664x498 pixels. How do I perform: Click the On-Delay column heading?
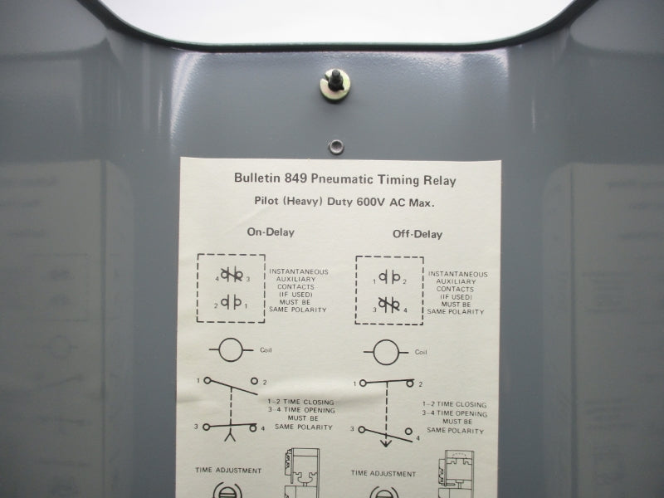tap(270, 232)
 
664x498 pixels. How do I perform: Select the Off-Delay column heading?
tap(417, 234)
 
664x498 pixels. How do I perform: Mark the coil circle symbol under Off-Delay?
tap(384, 352)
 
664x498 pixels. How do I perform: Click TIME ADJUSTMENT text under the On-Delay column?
tap(228, 471)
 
